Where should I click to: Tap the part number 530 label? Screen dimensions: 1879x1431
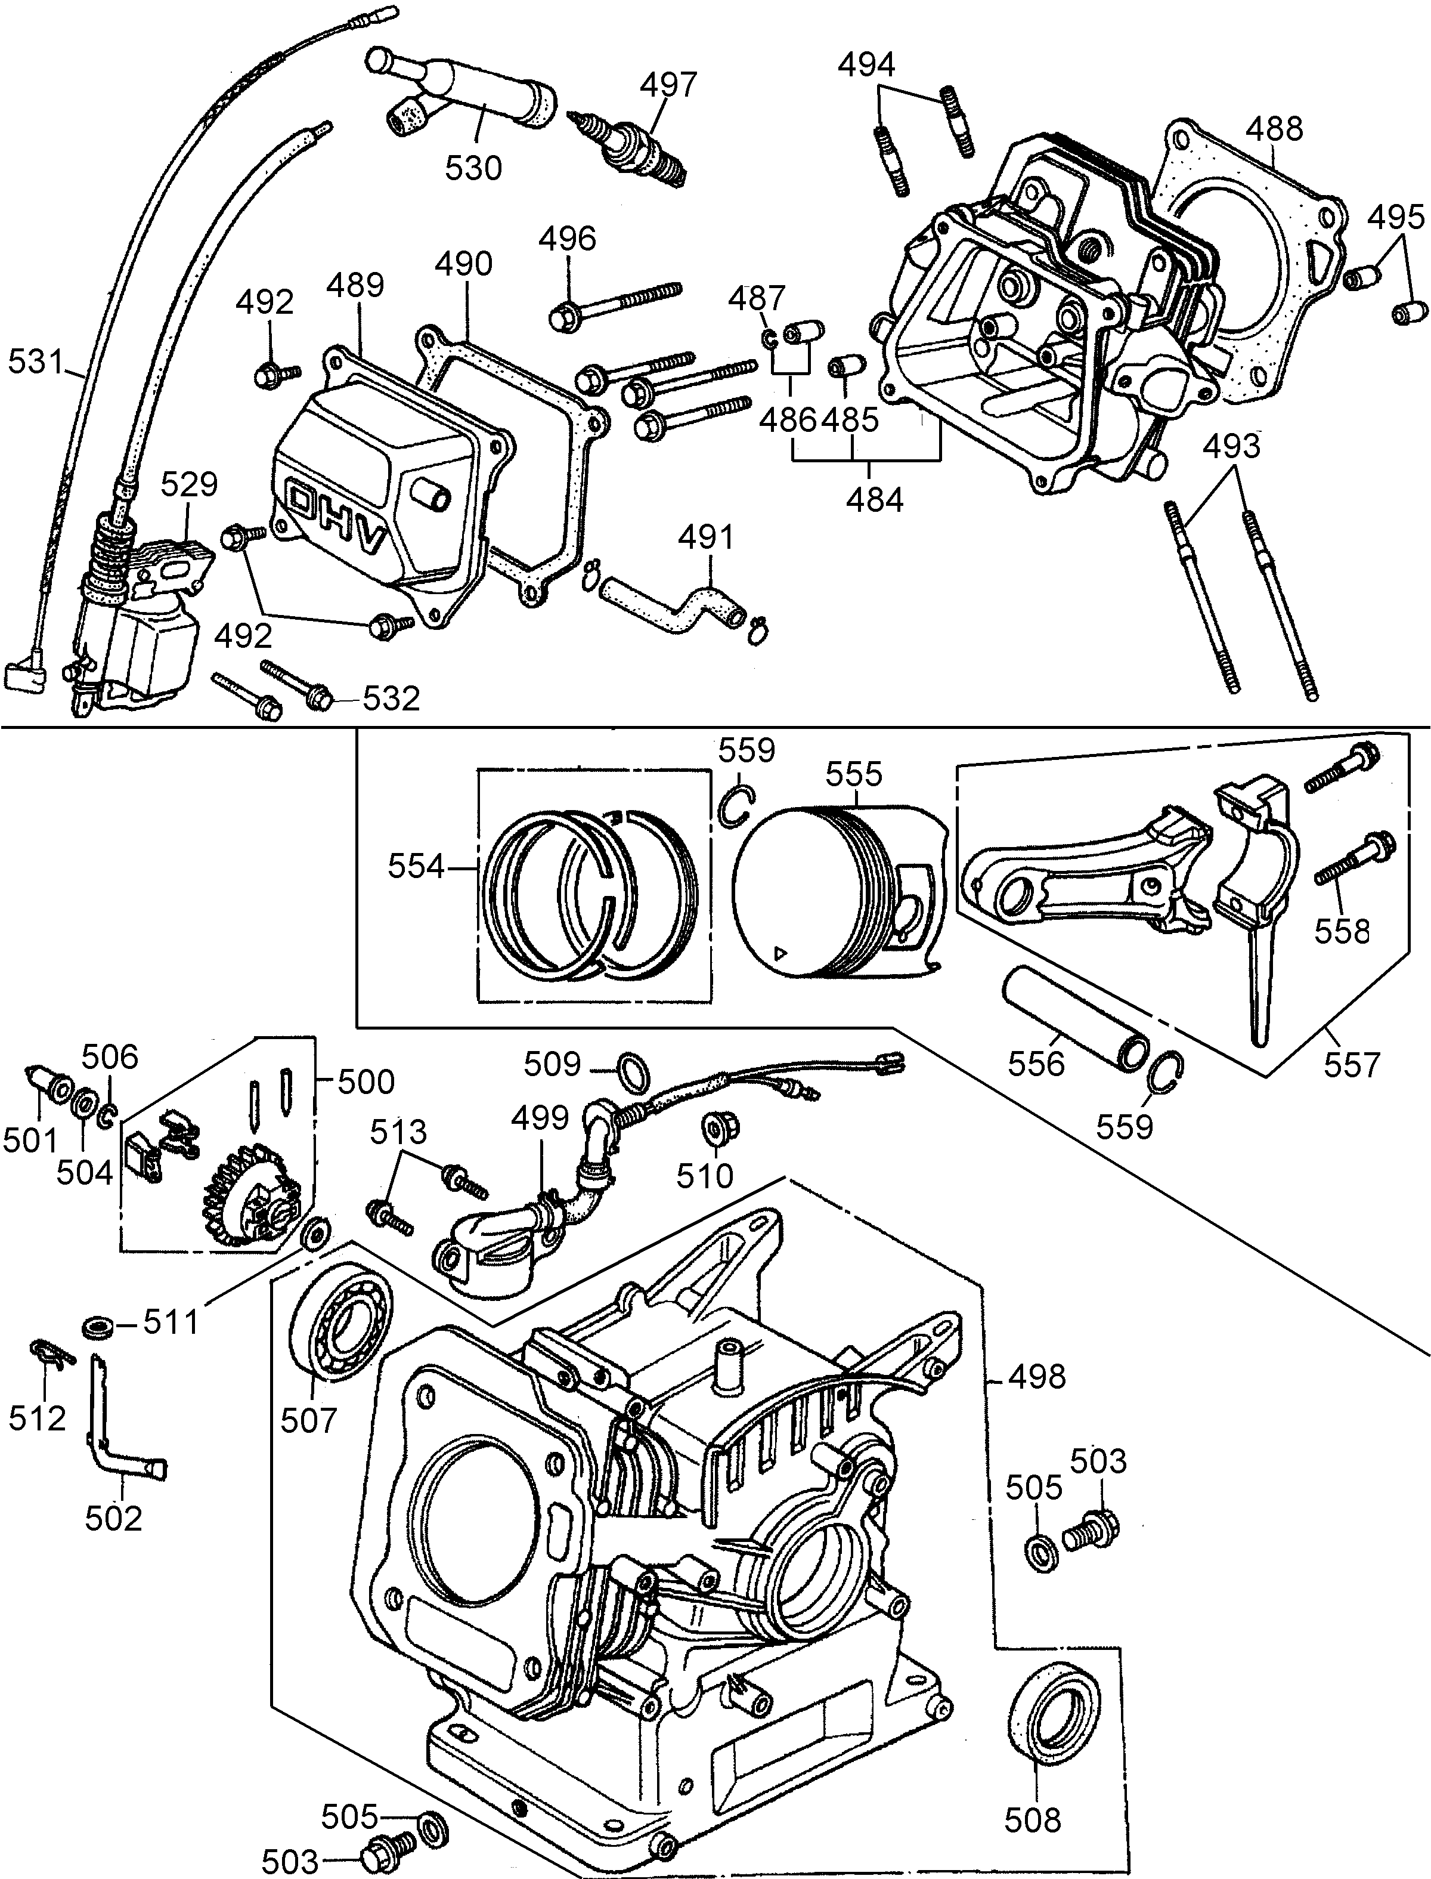tap(473, 168)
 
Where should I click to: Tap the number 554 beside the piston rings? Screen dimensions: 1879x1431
tap(417, 867)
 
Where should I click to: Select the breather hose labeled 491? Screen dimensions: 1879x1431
tap(673, 605)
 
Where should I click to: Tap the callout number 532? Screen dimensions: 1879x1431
tap(391, 699)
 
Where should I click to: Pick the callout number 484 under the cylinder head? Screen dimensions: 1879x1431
tap(874, 499)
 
